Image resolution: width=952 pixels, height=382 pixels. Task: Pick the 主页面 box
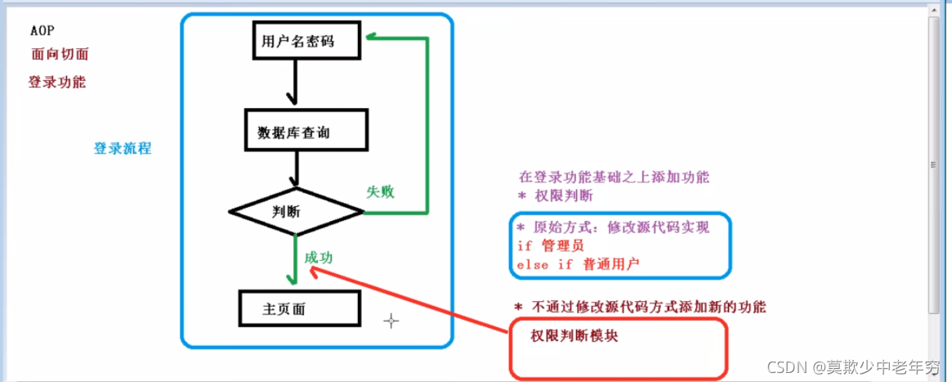299,309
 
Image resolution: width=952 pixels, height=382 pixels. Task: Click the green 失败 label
380,192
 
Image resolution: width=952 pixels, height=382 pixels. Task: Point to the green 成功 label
319,257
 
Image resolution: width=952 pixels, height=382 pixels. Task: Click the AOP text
42,31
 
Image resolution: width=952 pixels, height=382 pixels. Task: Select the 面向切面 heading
60,55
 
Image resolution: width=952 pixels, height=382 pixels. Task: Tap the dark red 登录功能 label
57,82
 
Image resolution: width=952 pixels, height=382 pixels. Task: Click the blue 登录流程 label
123,149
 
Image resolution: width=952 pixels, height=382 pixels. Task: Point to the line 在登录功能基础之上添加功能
614,177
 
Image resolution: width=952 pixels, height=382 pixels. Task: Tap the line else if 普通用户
578,265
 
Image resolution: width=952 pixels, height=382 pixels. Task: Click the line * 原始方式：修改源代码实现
613,227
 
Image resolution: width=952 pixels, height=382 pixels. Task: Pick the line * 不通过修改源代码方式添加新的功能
640,308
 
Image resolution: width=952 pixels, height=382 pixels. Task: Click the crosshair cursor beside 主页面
391,321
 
